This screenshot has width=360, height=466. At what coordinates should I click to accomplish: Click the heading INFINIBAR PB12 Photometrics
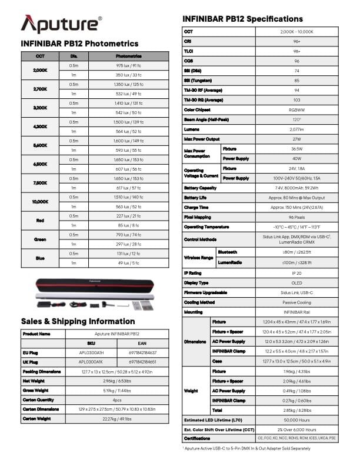pos(79,44)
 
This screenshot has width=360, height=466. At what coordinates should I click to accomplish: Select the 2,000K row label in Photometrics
pos(41,71)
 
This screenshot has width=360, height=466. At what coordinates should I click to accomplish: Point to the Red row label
pos(41,221)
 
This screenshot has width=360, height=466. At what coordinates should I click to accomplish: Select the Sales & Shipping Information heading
pos(78,321)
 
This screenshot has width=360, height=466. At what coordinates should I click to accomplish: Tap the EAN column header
pos(142,343)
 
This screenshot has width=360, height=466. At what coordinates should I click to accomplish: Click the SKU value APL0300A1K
pos(91,361)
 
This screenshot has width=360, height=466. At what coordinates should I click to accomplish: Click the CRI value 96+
pos(297,42)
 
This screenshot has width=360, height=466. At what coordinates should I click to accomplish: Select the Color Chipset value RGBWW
pos(297,109)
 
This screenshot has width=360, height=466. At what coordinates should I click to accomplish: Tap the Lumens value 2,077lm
pos(297,129)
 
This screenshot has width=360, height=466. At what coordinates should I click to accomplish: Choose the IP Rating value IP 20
pos(297,274)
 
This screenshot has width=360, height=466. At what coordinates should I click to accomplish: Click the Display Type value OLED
pos(297,282)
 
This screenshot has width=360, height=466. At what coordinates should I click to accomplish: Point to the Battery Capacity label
pos(201,188)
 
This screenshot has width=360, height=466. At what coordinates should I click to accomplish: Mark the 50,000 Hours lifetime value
pos(297,420)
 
